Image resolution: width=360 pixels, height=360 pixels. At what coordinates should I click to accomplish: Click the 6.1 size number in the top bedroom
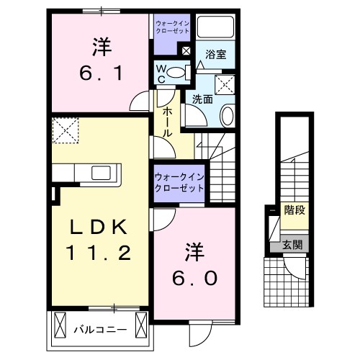tap(101, 73)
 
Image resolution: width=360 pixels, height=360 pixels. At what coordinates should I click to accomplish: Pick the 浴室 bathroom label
tap(215, 53)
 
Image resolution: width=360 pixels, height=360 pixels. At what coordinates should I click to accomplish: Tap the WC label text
tap(163, 73)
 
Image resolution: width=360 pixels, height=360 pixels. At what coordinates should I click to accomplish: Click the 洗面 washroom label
tap(202, 99)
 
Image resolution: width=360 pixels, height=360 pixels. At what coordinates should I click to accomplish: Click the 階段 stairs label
tap(294, 211)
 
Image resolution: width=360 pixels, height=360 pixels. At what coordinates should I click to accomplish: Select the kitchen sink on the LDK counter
tap(100, 173)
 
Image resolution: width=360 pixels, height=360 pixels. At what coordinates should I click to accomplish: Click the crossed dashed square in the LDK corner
tap(66, 131)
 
